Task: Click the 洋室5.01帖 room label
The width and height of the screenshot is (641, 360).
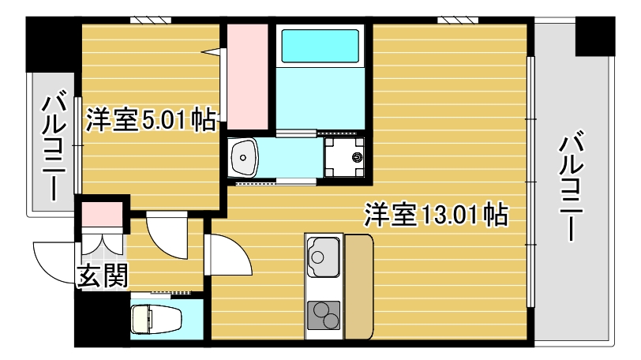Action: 151,120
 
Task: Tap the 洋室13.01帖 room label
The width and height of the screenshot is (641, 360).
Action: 435,215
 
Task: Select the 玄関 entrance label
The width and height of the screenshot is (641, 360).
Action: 103,276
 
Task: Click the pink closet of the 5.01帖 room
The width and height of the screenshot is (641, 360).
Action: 248,75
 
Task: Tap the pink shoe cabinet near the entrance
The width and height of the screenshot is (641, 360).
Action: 102,216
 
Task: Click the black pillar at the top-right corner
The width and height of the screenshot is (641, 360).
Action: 594,36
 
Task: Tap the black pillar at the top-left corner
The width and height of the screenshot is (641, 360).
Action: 51,43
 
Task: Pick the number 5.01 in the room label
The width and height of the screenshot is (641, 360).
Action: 165,120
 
